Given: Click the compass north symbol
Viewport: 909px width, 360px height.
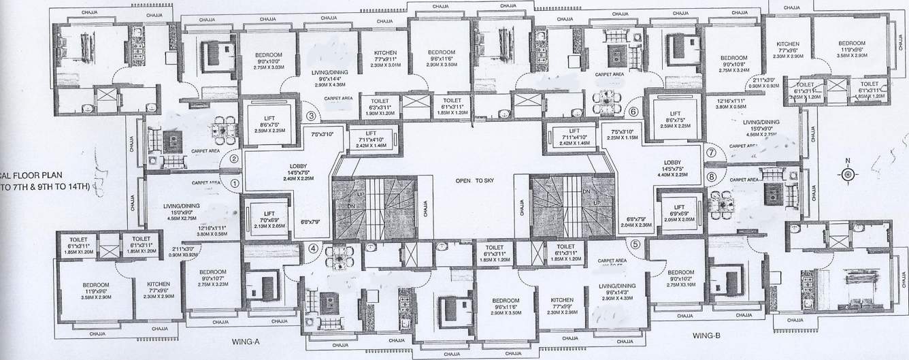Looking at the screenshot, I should click(848, 174).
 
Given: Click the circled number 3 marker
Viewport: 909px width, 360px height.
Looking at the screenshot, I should click(311, 116).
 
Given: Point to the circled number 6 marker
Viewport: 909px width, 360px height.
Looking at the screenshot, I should click(633, 112).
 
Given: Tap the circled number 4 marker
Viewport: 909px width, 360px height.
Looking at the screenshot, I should click(312, 248).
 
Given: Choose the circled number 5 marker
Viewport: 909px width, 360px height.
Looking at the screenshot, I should click(635, 245).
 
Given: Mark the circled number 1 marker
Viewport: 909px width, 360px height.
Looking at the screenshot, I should click(234, 182).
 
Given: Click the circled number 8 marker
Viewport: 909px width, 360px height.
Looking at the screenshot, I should click(712, 176).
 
